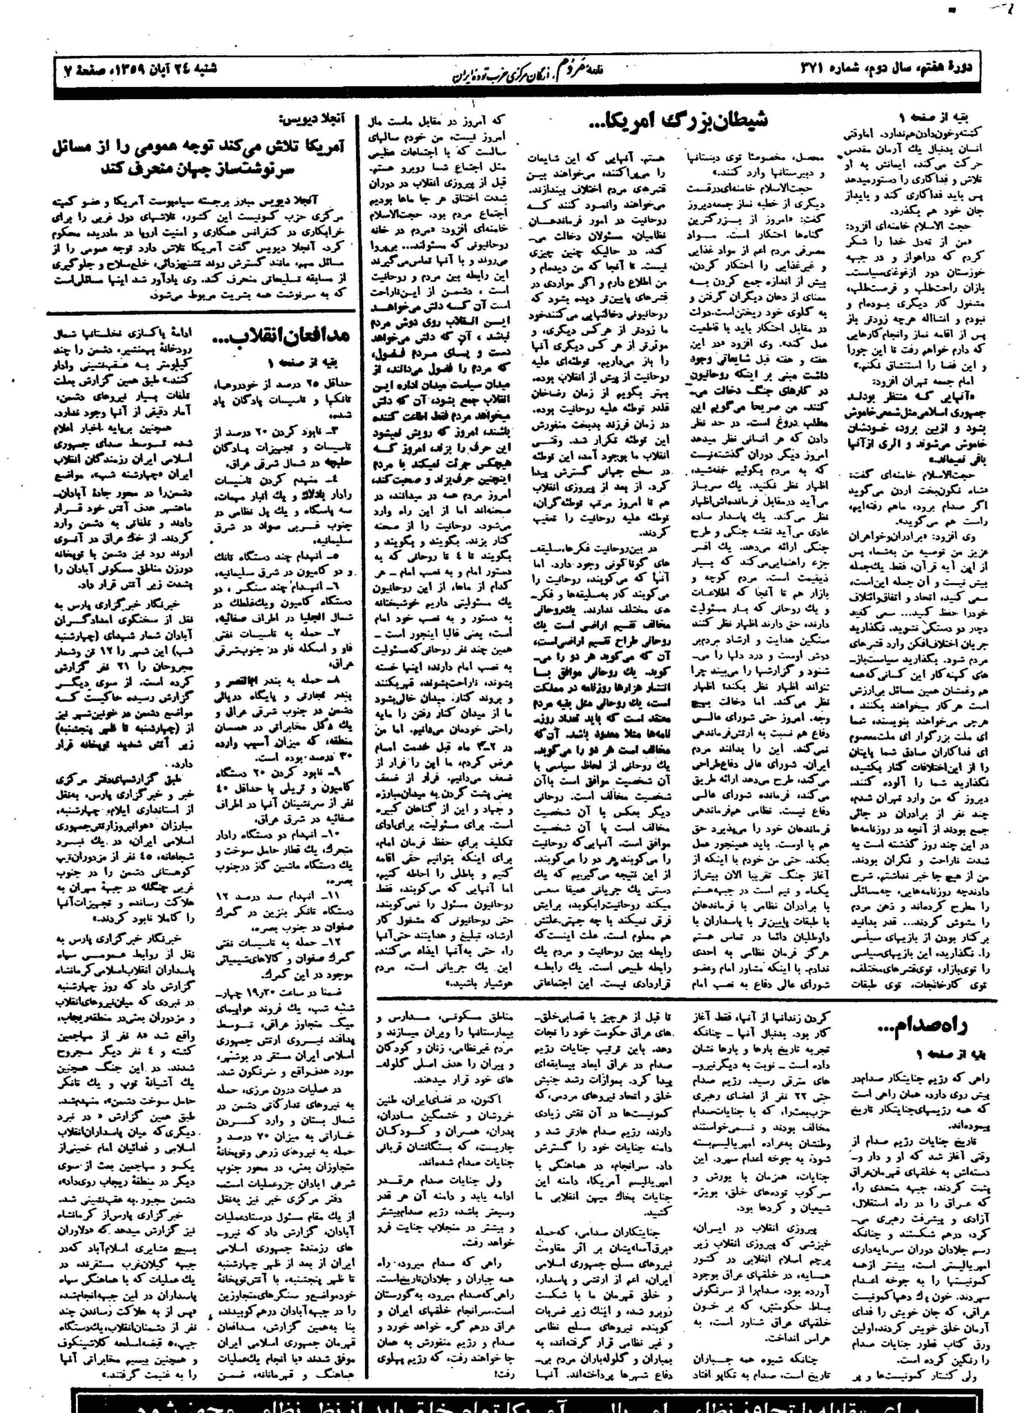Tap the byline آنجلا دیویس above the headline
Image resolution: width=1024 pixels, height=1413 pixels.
324,118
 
